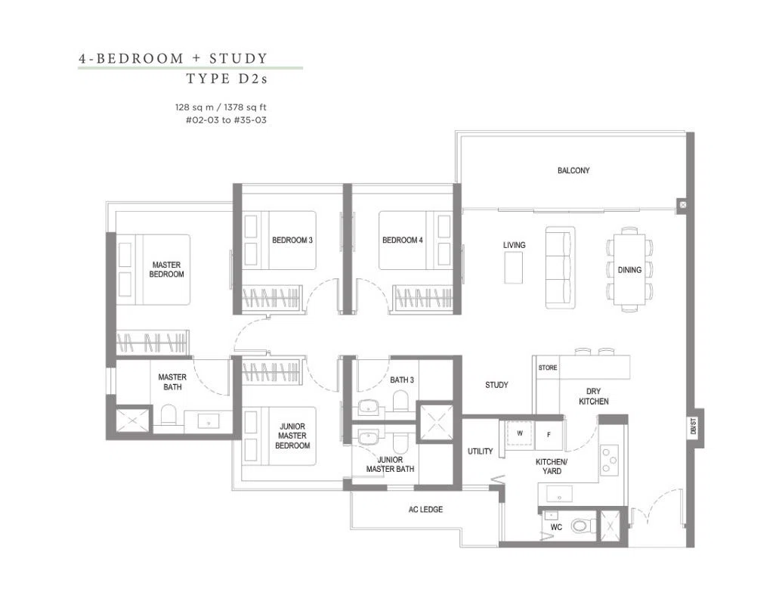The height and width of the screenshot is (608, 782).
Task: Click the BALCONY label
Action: pos(573,171)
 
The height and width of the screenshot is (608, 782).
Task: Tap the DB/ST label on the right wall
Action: pos(694,427)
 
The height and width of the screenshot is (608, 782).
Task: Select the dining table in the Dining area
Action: pos(629,269)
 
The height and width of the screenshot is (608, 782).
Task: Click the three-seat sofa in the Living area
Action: pos(560,268)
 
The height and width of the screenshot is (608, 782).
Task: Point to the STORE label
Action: pos(548,368)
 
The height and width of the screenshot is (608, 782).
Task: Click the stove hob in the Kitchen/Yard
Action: pos(609,460)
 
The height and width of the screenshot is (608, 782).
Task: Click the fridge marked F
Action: pos(549,435)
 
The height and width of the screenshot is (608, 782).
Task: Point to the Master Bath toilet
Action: pos(168,414)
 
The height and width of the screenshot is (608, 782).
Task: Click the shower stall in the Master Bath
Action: pos(133,420)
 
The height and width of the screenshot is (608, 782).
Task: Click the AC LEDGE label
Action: pos(425,510)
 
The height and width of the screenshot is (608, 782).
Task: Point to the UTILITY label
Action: pos(481,451)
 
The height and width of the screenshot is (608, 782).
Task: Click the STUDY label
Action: pos(496,385)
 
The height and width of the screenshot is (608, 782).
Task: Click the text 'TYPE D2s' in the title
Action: pos(227,79)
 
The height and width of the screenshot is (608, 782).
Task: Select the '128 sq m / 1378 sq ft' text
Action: pos(221,107)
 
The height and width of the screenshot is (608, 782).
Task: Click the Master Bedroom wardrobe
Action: pos(153,343)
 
